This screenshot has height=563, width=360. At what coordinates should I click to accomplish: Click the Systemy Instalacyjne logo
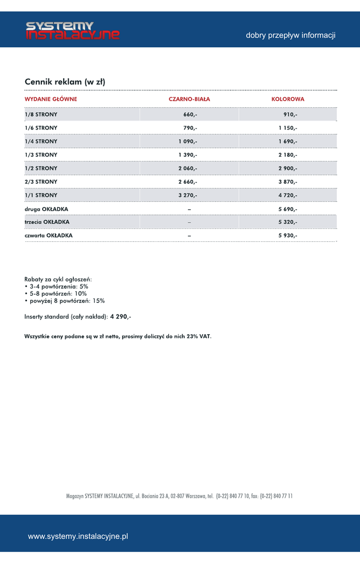pos(73,31)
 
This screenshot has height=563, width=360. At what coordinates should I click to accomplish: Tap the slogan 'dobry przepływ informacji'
pos(290,36)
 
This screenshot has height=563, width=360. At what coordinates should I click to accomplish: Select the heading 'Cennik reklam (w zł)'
pos(65,82)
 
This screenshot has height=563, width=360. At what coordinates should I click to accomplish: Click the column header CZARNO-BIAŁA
pos(189,99)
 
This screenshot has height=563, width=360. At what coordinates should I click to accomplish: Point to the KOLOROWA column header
pos(287,99)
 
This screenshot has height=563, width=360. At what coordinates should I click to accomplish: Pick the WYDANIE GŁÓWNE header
pos(51,99)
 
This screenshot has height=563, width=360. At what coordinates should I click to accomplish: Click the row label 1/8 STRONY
pos(41,114)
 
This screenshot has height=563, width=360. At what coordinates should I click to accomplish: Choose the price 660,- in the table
pos(190,114)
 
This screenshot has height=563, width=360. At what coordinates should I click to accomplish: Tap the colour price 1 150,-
pos(287,128)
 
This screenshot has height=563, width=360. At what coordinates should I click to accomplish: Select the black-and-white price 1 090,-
pos(187,141)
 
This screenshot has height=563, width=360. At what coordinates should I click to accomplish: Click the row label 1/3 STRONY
pos(41,155)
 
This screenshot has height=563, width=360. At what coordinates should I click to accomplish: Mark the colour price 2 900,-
pos(287,168)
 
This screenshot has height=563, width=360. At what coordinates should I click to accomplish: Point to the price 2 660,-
pos(187,182)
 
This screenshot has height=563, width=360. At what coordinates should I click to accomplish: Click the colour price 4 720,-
pos(287,195)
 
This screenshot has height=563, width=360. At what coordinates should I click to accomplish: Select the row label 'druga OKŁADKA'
pos(46,209)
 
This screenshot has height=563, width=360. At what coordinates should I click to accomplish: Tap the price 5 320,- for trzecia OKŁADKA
pos(287,222)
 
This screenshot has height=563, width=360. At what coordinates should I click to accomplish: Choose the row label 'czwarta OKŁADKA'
pos(48,235)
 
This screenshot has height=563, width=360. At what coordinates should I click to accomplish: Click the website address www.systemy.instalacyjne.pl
pos(78,536)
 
